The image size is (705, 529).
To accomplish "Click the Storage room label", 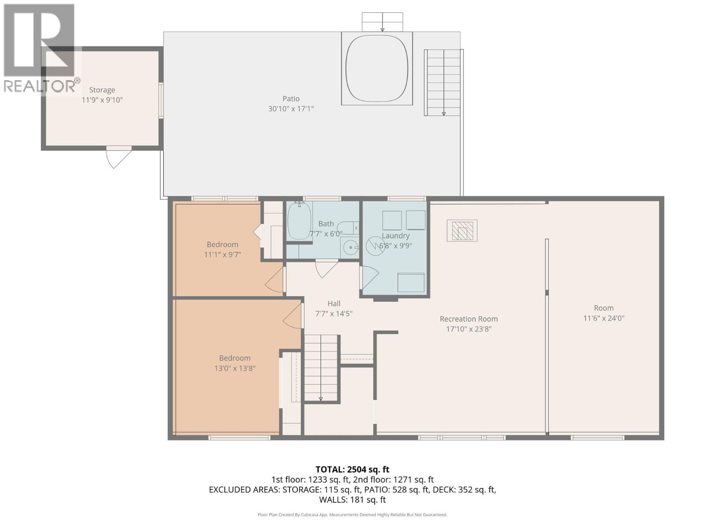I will click(102, 90).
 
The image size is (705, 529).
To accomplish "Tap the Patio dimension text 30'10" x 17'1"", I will click(291, 108).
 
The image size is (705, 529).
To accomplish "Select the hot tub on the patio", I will click(377, 68).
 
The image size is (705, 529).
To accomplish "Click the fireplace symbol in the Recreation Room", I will click(462, 231).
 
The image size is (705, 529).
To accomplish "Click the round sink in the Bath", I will click(352, 247).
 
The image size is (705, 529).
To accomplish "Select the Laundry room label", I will click(396, 236).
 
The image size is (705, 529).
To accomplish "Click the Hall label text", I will click(334, 303).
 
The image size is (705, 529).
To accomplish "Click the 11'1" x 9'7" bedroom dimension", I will click(222, 254).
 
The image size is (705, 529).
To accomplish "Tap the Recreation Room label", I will click(468, 319).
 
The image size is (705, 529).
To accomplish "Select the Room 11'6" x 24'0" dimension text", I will click(604, 318).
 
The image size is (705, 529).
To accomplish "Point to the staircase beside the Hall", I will click(321, 368).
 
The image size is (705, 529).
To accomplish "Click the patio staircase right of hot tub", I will click(443, 82).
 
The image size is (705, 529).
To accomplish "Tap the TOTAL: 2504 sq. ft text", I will click(352, 469).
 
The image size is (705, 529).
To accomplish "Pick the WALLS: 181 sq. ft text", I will click(352, 499).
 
